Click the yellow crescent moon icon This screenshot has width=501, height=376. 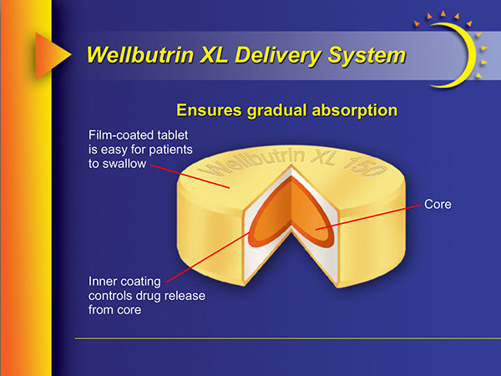click(x=470, y=50)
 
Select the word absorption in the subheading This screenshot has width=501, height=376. click(x=348, y=109)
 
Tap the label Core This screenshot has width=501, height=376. click(x=438, y=204)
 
